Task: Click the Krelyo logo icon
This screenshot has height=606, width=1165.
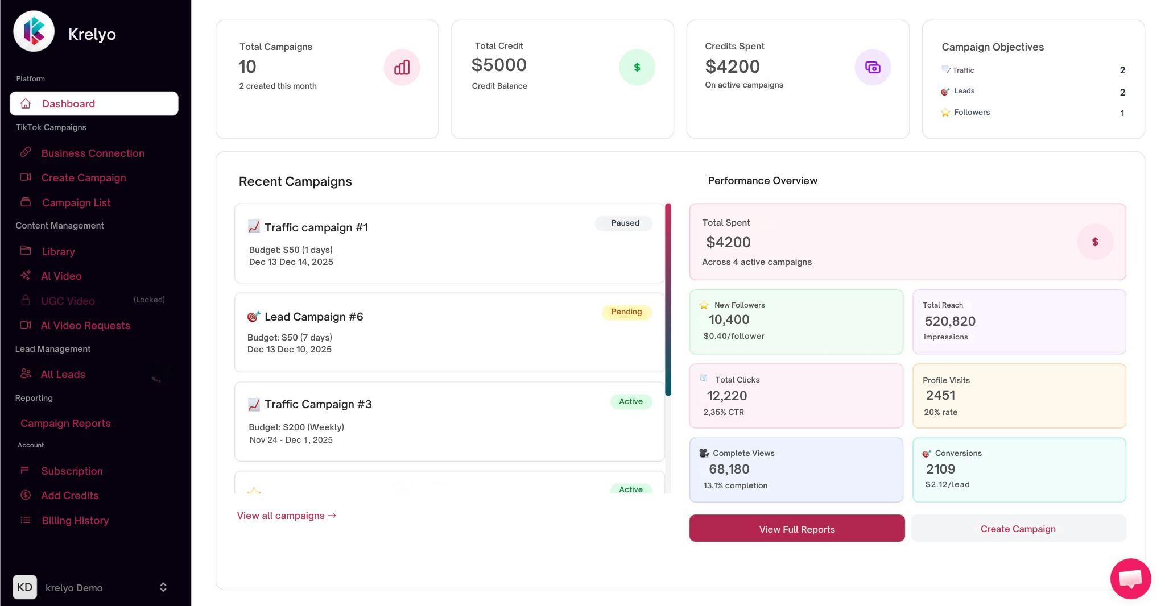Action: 34,31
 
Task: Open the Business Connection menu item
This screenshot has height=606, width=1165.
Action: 92,153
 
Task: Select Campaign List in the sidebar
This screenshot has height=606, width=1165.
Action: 76,203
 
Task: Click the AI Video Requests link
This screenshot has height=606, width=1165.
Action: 85,326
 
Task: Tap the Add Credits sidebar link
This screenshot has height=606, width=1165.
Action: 69,496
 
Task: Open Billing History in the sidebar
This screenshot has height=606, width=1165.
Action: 75,521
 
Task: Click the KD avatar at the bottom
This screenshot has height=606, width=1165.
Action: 25,587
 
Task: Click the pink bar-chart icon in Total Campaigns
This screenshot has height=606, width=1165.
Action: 402,68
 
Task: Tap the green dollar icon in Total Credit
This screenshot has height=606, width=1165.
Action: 637,68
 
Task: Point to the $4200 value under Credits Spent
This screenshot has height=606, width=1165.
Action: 732,67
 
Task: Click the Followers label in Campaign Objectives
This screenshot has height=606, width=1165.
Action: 971,113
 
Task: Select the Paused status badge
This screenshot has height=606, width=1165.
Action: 625,223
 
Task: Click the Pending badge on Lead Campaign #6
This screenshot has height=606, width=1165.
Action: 626,312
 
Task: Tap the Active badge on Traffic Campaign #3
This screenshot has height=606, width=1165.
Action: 630,402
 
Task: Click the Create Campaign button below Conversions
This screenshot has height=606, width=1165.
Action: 1018,529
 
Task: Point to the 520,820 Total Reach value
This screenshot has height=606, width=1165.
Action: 950,321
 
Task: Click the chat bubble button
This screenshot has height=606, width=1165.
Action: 1130,579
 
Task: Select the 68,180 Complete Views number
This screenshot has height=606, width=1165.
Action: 729,470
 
